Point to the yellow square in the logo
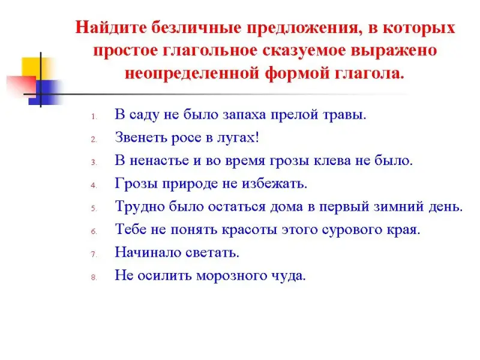point(34,68)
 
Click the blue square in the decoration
point(46,92)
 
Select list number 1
point(94,116)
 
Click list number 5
point(94,208)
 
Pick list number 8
point(94,277)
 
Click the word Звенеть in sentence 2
point(141,137)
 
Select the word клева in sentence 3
point(332,160)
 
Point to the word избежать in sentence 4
point(274,184)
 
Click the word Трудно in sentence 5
point(140,206)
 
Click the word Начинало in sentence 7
point(148,252)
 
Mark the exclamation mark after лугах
point(257,137)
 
